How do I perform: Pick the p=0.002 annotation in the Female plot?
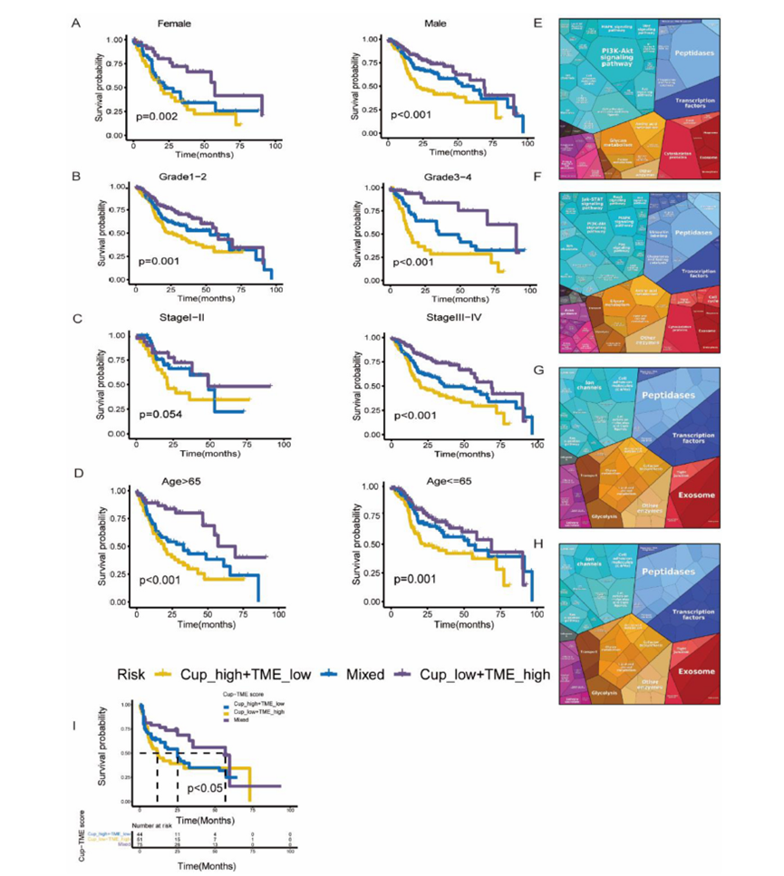[158, 117]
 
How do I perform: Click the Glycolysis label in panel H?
[598, 685]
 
